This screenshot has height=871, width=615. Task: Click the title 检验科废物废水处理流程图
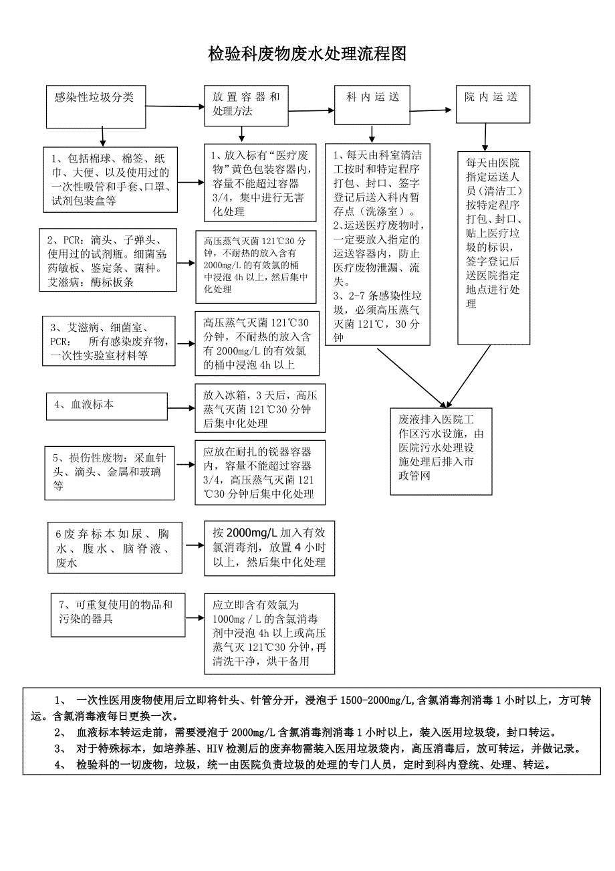pyautogui.click(x=307, y=54)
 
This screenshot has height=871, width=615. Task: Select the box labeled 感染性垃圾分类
pyautogui.click(x=95, y=106)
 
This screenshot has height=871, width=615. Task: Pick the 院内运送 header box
pyautogui.click(x=492, y=104)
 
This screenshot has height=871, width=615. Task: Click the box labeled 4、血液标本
pyautogui.click(x=106, y=405)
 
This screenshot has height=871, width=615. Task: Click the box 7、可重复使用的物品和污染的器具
pyautogui.click(x=118, y=613)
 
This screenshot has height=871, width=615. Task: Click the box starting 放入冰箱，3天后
pyautogui.click(x=257, y=409)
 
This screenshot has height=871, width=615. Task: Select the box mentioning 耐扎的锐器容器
pyautogui.click(x=261, y=472)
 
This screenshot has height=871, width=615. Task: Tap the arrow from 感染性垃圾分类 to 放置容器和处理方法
pyautogui.click(x=174, y=106)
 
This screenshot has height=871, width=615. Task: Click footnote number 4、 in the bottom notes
pyautogui.click(x=61, y=765)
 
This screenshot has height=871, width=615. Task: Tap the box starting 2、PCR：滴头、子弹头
pyautogui.click(x=110, y=260)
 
